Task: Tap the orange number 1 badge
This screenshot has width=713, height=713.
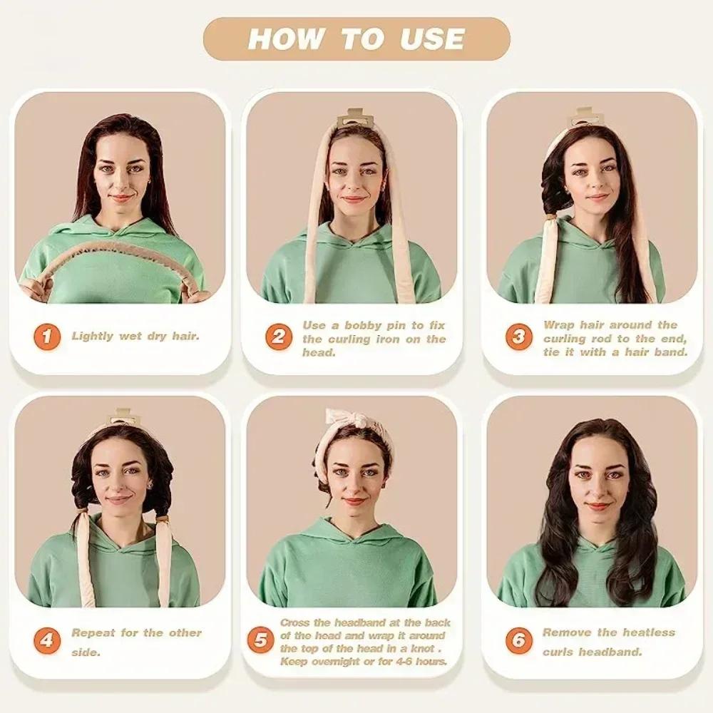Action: click(47, 336)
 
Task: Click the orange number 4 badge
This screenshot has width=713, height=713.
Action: click(47, 640)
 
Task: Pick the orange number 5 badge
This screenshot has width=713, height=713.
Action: click(261, 640)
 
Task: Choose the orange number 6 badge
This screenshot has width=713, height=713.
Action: click(519, 640)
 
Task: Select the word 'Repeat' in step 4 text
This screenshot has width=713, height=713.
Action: click(93, 632)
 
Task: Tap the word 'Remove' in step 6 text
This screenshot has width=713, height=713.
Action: click(568, 632)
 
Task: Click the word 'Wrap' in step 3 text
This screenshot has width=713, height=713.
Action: click(559, 325)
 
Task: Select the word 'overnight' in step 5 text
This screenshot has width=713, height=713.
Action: click(332, 661)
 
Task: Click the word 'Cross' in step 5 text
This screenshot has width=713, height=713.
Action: click(295, 623)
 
